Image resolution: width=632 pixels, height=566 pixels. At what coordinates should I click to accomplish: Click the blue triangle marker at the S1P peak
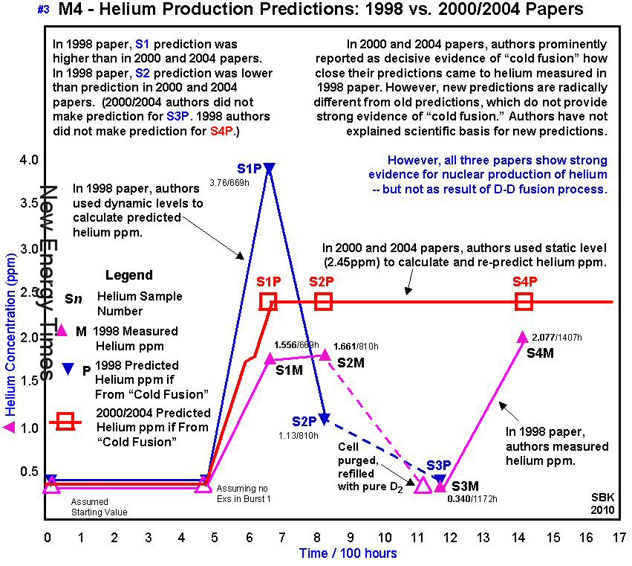[x=269, y=169]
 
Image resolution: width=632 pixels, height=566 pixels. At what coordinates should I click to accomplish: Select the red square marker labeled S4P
[x=524, y=300]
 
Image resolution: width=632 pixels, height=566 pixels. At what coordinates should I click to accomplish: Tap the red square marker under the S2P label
[x=323, y=300]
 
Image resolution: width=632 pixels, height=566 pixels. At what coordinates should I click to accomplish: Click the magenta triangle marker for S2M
[x=324, y=355]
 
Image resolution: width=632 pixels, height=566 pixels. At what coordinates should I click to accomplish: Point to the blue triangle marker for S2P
[x=324, y=419]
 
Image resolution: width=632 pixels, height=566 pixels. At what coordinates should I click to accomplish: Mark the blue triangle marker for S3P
[x=440, y=480]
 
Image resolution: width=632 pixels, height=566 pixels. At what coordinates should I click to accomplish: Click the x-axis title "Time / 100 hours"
[x=348, y=553]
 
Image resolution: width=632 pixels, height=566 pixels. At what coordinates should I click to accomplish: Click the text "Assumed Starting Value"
[x=100, y=506]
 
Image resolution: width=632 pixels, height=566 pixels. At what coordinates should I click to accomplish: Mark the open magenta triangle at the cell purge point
[x=422, y=486]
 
